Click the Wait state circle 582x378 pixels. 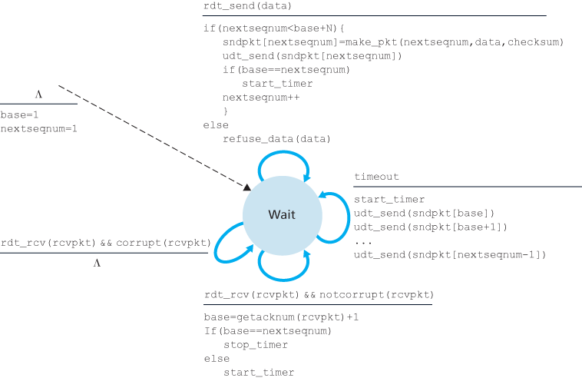(x=281, y=214)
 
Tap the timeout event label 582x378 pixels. (x=376, y=177)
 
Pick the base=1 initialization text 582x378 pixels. (x=19, y=115)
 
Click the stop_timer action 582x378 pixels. (x=257, y=345)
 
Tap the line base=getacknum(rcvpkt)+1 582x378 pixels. (x=281, y=317)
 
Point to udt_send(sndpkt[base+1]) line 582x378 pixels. (x=430, y=227)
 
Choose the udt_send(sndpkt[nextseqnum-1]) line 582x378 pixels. (x=449, y=254)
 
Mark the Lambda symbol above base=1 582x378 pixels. (x=38, y=94)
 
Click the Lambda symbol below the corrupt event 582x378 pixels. (x=97, y=263)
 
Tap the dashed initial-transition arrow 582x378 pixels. (x=154, y=138)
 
